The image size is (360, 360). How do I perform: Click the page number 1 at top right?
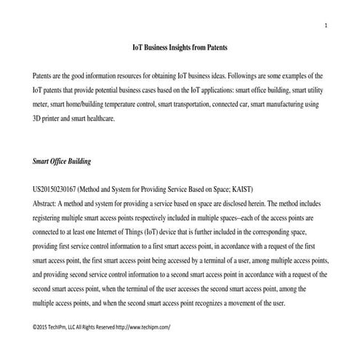coord(327,27)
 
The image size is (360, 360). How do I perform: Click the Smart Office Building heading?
coord(62,160)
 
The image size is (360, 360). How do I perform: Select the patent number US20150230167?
coord(55,188)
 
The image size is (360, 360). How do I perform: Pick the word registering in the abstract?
coord(51,217)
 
